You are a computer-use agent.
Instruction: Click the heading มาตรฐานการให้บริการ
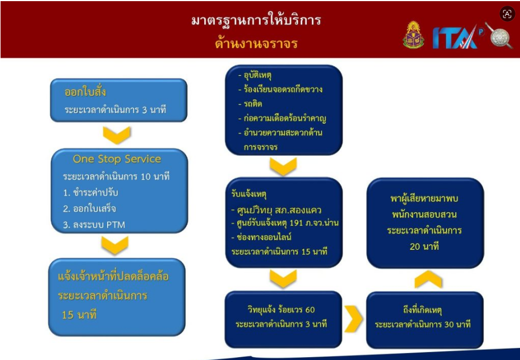(256, 20)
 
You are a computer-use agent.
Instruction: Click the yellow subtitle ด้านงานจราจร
(256, 43)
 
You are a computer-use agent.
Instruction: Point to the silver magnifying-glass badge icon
(499, 35)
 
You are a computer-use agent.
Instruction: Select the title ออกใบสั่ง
(85, 92)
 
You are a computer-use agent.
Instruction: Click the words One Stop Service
(117, 159)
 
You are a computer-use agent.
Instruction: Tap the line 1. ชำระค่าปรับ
(91, 192)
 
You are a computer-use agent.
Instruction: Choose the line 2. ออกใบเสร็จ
(90, 208)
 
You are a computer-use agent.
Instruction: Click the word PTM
(116, 225)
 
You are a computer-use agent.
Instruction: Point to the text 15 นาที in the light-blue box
(79, 314)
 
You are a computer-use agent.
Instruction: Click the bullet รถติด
(250, 104)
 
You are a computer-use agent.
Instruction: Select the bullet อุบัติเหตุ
(255, 75)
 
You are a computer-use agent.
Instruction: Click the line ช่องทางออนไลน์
(261, 237)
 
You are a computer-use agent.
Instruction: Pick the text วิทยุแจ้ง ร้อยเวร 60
(281, 310)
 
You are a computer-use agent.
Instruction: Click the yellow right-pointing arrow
(354, 319)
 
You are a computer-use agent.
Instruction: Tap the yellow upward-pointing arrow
(428, 280)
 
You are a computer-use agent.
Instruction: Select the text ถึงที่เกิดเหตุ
(422, 310)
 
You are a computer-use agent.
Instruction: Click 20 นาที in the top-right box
(424, 246)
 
